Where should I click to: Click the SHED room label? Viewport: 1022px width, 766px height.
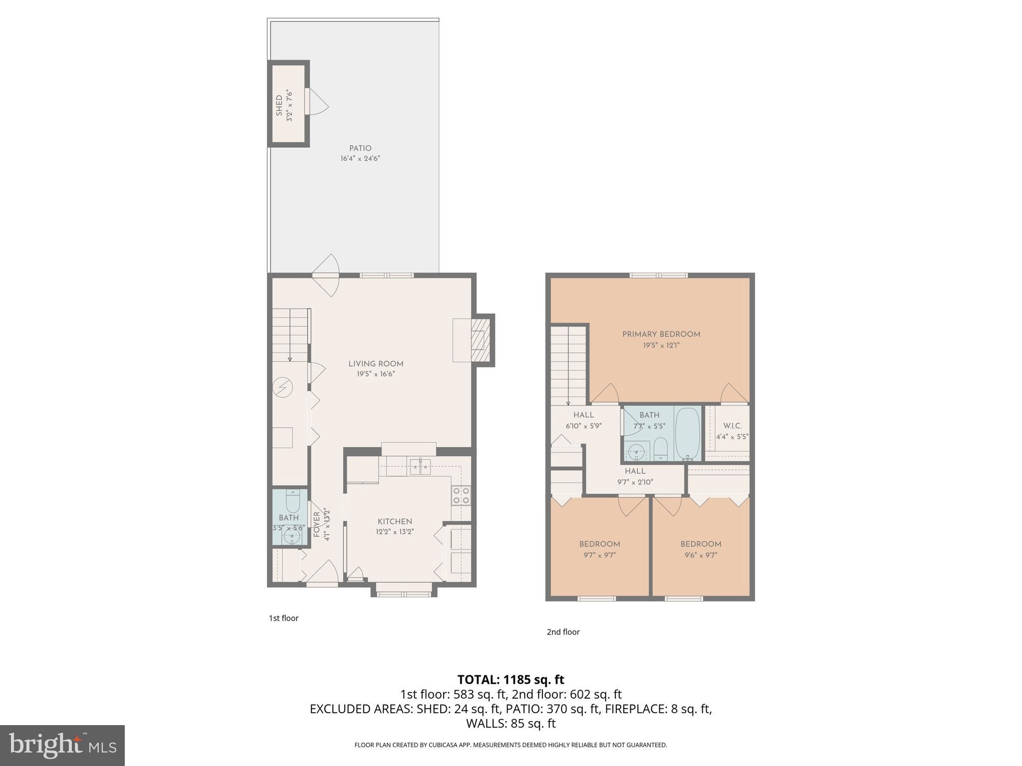pos(279,105)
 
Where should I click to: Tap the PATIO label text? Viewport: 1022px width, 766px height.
pos(360,148)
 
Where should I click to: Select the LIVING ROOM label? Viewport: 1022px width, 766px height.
pos(376,364)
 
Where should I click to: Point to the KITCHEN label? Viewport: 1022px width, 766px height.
pos(394,522)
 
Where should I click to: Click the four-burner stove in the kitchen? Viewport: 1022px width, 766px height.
pos(461,495)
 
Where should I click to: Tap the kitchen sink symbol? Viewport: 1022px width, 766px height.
pos(420,467)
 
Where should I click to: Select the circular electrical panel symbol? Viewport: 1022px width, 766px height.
pos(282,387)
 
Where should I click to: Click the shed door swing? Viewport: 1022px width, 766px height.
pos(318,102)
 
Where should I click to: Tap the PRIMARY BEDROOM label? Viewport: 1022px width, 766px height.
pos(661,334)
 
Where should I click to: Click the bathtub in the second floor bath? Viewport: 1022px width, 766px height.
pos(687,433)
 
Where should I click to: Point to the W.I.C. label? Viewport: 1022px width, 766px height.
pos(732,426)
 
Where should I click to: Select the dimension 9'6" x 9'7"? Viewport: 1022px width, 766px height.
pos(701,555)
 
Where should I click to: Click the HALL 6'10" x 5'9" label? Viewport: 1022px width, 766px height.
pos(583,420)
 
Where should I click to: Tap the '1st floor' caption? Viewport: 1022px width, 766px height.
pos(283,618)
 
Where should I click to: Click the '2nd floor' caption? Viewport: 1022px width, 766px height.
pos(563,632)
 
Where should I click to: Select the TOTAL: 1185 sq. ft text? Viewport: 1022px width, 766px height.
pos(511,680)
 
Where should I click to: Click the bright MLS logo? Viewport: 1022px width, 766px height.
pos(62,745)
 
